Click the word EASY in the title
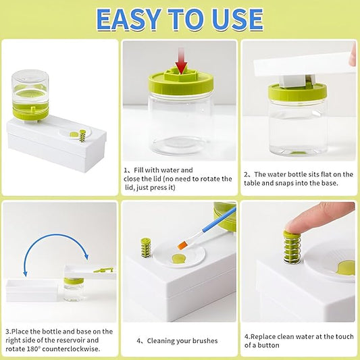(x=129, y=20)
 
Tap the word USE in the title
(x=238, y=20)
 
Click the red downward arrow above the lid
(x=181, y=61)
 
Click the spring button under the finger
(x=292, y=247)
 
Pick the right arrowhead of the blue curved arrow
(x=86, y=256)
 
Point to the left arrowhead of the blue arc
(x=26, y=273)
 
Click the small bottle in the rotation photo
(x=74, y=289)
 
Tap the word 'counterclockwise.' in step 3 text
(x=71, y=349)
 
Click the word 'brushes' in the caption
(x=205, y=341)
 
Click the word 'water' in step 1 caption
(x=170, y=170)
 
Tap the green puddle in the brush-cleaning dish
(x=178, y=259)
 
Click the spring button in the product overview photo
(x=82, y=136)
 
